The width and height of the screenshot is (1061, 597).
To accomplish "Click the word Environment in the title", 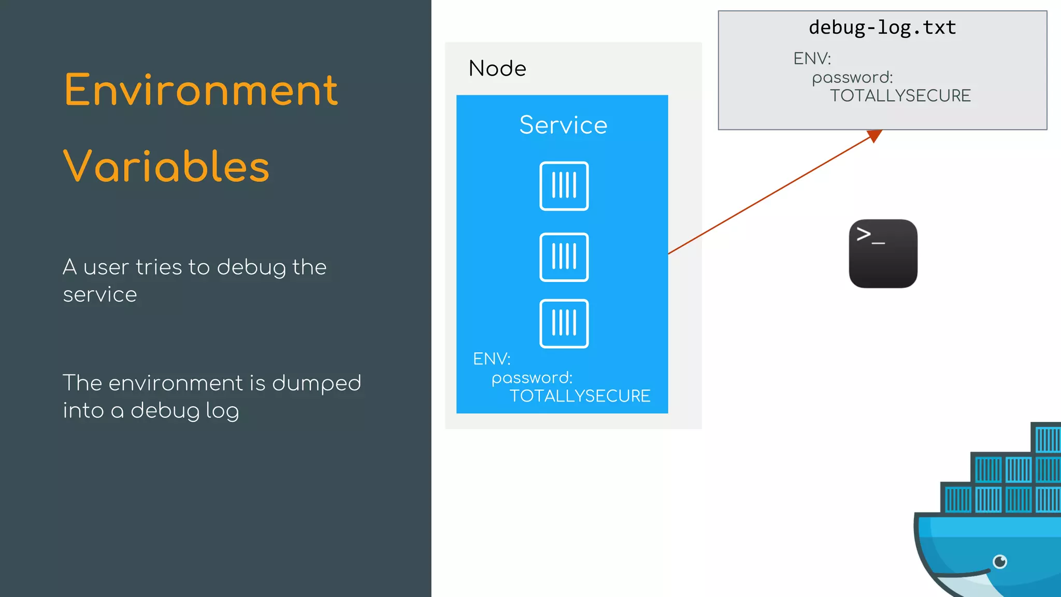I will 201,90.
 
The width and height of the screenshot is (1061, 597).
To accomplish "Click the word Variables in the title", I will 166,166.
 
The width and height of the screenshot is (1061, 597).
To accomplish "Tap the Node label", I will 497,68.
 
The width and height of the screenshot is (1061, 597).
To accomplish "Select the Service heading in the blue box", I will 563,125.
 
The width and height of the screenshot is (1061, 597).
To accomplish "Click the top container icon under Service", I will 564,186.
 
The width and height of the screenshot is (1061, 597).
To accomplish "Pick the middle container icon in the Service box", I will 564,257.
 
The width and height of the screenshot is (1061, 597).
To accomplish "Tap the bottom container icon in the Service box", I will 564,323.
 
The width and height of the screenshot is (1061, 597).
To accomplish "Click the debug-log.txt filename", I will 882,27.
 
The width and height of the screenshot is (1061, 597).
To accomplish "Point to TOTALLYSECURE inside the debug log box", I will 900,96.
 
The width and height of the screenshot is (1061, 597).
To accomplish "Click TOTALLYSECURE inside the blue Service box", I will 580,396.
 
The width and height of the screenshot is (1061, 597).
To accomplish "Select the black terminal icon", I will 883,253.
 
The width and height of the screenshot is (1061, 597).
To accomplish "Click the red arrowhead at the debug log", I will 874,135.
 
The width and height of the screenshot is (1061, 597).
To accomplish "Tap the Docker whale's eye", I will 1000,561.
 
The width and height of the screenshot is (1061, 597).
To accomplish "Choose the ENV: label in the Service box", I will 492,359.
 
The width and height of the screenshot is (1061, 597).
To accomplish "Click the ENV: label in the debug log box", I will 812,59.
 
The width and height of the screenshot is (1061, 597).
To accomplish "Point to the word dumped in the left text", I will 316,383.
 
